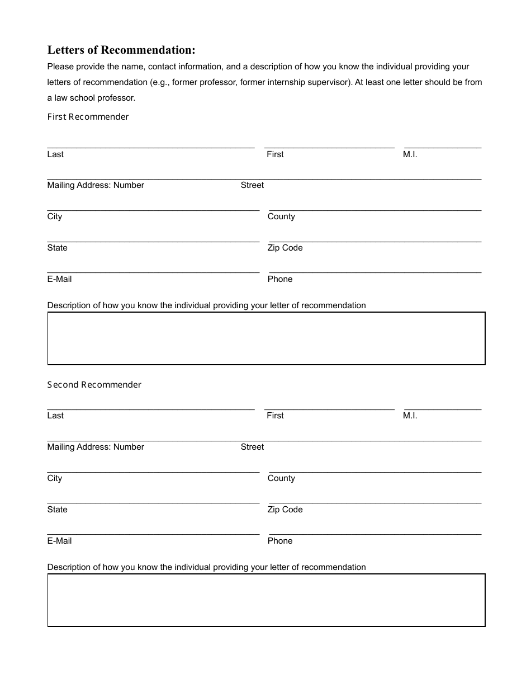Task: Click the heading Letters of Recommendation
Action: tap(121, 50)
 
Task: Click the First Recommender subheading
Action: tap(88, 117)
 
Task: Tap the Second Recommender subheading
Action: tap(94, 385)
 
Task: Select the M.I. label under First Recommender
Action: tap(410, 154)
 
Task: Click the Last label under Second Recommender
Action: tap(55, 416)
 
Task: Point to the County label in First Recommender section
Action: tap(281, 216)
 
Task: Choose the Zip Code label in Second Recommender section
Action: tap(285, 510)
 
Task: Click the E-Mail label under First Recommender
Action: tap(59, 279)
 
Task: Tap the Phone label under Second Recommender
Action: tap(280, 541)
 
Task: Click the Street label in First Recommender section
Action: tap(252, 185)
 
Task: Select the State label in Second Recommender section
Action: tap(57, 510)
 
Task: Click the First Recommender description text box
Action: tap(266, 338)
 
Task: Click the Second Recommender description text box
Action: tap(266, 600)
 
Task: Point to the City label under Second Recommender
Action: tap(55, 478)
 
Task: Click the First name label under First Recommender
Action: tap(275, 154)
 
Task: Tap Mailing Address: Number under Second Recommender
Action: tap(96, 447)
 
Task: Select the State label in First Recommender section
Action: tap(57, 248)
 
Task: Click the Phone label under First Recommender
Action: tap(280, 279)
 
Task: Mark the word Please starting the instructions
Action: tap(60, 67)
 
